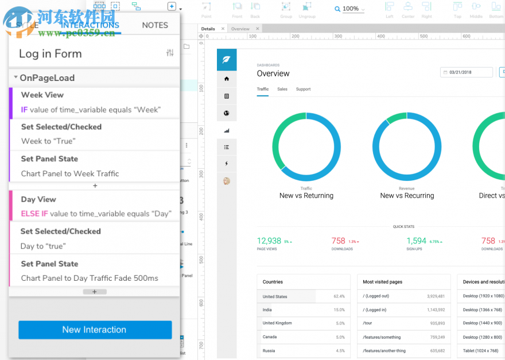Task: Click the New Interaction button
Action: point(95,330)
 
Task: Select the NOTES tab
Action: point(155,25)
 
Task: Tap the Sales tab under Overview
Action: point(282,89)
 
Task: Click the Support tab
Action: point(303,89)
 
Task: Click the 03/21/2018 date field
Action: point(467,72)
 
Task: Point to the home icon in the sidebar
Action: point(227,79)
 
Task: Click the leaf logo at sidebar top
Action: point(227,59)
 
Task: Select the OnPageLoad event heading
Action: point(47,78)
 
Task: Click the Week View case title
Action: point(42,95)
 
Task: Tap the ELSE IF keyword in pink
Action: point(34,214)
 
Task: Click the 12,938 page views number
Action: point(269,241)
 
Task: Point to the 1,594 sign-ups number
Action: point(417,241)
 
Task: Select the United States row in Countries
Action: point(275,297)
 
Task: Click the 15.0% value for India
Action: point(339,310)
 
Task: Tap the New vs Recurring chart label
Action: point(407,196)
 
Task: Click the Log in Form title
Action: point(50,54)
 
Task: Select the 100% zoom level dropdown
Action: point(350,9)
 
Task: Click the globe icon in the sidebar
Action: point(227,113)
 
